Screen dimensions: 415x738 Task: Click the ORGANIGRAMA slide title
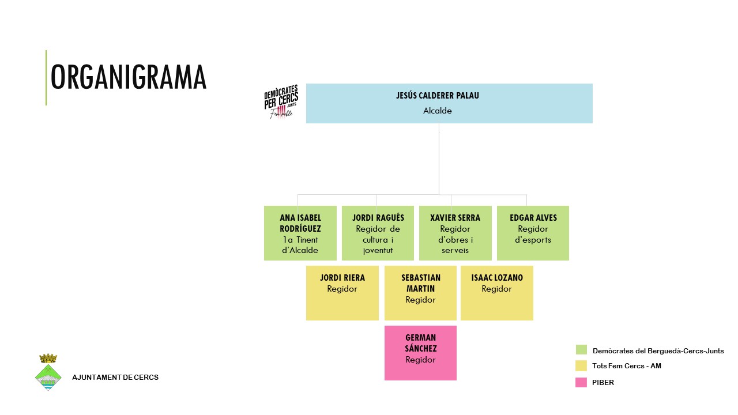pyautogui.click(x=128, y=77)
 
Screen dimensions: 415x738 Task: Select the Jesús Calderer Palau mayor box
pyautogui.click(x=449, y=103)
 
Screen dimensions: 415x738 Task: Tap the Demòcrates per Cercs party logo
pyautogui.click(x=281, y=102)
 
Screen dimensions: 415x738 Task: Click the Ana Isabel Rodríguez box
pyautogui.click(x=300, y=233)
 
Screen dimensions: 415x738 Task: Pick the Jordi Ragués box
pyautogui.click(x=378, y=233)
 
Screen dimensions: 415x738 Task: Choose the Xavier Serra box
pyautogui.click(x=455, y=233)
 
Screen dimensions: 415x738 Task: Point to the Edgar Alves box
pyautogui.click(x=533, y=233)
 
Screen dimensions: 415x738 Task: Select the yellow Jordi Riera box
pyautogui.click(x=342, y=293)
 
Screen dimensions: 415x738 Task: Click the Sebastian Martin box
pyautogui.click(x=420, y=293)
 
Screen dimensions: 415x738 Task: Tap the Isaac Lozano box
pyautogui.click(x=496, y=293)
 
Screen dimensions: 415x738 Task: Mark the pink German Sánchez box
pyautogui.click(x=420, y=353)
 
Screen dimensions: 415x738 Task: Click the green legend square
pyautogui.click(x=581, y=350)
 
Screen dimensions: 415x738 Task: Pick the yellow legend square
pyautogui.click(x=581, y=365)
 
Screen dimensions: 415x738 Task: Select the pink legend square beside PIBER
pyautogui.click(x=581, y=382)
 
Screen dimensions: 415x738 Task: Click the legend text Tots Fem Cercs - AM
pyautogui.click(x=627, y=366)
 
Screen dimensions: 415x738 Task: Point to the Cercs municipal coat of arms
pyautogui.click(x=48, y=373)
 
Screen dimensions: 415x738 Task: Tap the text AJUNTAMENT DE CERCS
pyautogui.click(x=115, y=378)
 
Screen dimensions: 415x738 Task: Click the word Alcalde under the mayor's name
pyautogui.click(x=437, y=111)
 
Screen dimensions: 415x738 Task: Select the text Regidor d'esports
pyautogui.click(x=533, y=235)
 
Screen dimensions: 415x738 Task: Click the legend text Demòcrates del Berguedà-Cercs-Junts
pyautogui.click(x=658, y=350)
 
